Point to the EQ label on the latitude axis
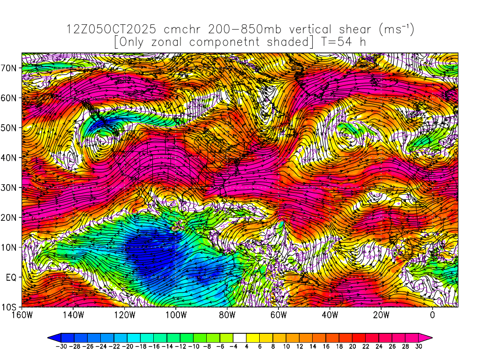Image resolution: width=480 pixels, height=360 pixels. pyautogui.click(x=12, y=277)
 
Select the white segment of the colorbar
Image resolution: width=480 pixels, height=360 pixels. pyautogui.click(x=240, y=337)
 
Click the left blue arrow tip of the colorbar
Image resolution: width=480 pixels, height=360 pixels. pyautogui.click(x=50, y=337)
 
